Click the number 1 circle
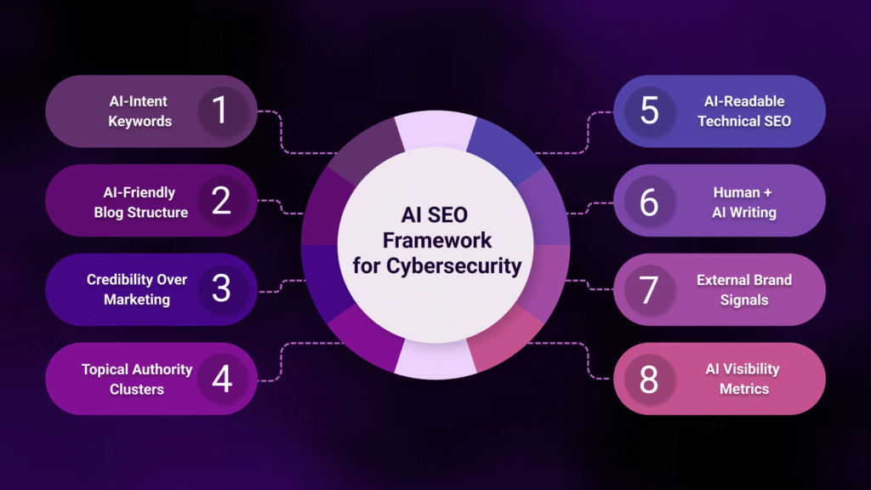(x=221, y=111)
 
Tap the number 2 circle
(x=221, y=200)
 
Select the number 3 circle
(x=221, y=289)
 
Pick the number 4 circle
(x=221, y=379)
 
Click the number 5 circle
(x=650, y=111)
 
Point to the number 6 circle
(x=650, y=200)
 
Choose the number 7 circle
(x=650, y=289)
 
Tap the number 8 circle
(x=650, y=379)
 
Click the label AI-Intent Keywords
(x=139, y=111)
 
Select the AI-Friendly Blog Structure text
(x=141, y=201)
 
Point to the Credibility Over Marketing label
(x=137, y=289)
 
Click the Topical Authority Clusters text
(x=137, y=379)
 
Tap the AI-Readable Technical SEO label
(x=744, y=111)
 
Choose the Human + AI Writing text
(x=744, y=201)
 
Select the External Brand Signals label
(x=744, y=289)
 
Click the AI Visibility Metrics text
(x=743, y=379)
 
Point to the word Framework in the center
(x=435, y=240)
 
